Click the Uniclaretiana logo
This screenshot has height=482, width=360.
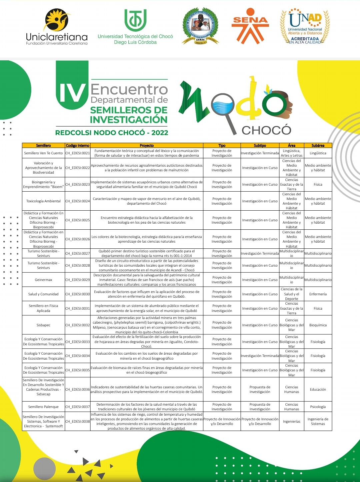click(57, 27)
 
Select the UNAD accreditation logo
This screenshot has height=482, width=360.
click(305, 27)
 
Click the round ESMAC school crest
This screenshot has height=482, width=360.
click(200, 26)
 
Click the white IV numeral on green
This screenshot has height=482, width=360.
click(72, 92)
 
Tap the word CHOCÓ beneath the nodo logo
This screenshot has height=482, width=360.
click(266, 130)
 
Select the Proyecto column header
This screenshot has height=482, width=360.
click(147, 145)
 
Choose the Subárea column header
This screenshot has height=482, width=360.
click(318, 145)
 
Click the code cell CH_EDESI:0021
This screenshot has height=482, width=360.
click(77, 153)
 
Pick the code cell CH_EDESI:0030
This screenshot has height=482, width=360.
click(77, 294)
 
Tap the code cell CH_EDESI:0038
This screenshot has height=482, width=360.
click(77, 422)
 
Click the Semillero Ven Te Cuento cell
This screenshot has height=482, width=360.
click(43, 153)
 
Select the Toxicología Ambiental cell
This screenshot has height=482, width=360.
click(43, 201)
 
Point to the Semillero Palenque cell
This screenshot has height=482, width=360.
click(43, 407)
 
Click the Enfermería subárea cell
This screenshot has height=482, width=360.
click(318, 294)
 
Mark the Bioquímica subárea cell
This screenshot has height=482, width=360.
click(318, 325)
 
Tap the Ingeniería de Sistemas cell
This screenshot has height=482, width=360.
click(318, 422)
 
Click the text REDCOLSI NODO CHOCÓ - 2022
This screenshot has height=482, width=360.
click(112, 133)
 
